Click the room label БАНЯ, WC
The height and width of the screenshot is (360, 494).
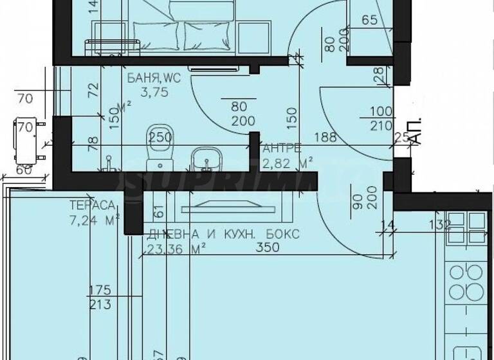coord(154,78)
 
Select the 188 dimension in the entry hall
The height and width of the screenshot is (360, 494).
coord(324,136)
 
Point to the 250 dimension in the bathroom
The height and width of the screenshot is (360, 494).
coord(161,136)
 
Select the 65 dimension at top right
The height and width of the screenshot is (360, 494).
coord(369,20)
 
